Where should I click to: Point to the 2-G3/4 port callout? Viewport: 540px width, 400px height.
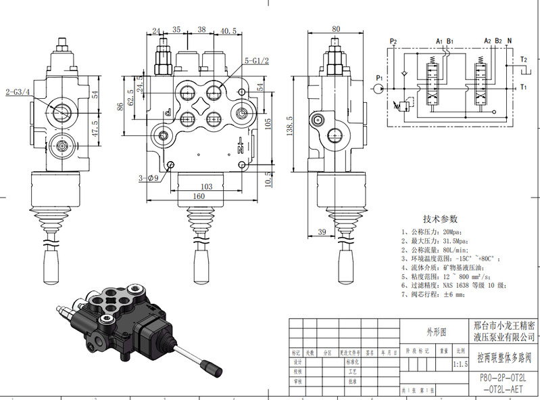tap(18, 92)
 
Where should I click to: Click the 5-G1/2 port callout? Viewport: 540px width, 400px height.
tap(257, 62)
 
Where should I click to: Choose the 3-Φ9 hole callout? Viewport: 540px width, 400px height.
tap(148, 178)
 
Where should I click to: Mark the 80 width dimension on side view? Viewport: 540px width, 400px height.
tap(336, 29)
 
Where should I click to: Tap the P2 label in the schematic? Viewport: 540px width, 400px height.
tap(393, 42)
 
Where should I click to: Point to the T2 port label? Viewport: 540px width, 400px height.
tap(523, 60)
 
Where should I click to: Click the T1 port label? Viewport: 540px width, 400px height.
tap(523, 87)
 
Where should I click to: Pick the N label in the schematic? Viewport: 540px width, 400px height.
tap(509, 41)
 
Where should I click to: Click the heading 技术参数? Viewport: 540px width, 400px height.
tap(440, 219)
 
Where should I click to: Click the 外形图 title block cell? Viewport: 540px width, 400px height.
tap(435, 332)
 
